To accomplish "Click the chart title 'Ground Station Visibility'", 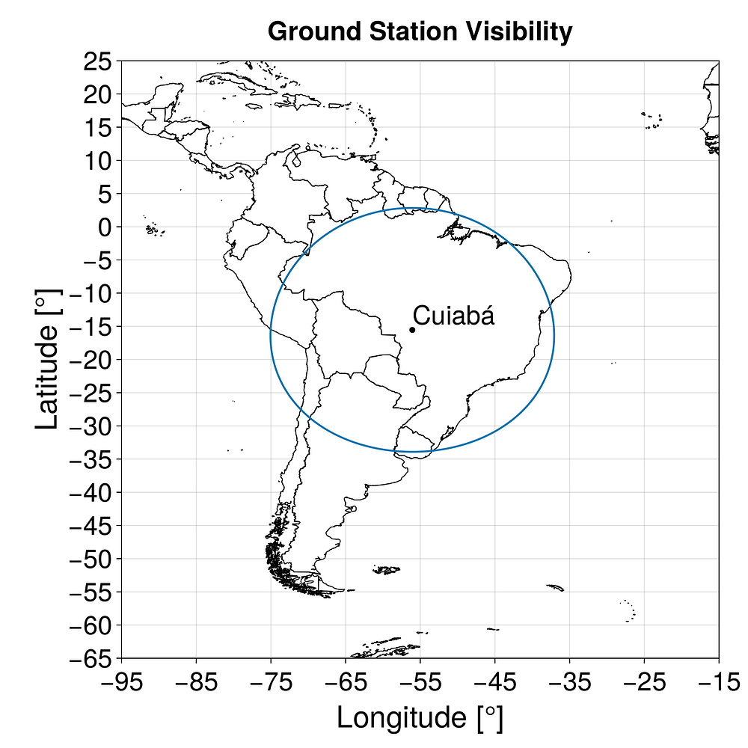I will point(420,31).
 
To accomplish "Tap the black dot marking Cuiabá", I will point(412,330).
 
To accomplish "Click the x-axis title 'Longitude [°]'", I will point(420,717).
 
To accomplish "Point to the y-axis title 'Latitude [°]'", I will point(46,360).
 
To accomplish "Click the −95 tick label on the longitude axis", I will point(120,682).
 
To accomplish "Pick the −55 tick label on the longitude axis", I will point(420,682).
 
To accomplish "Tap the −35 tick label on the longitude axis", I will point(569,682).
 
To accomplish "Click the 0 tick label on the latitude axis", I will point(104,227).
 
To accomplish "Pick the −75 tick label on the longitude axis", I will point(270,682).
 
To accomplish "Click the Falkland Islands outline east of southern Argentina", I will point(386,570).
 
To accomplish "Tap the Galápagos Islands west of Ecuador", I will point(154,230).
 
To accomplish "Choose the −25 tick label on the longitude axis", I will point(644,682).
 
